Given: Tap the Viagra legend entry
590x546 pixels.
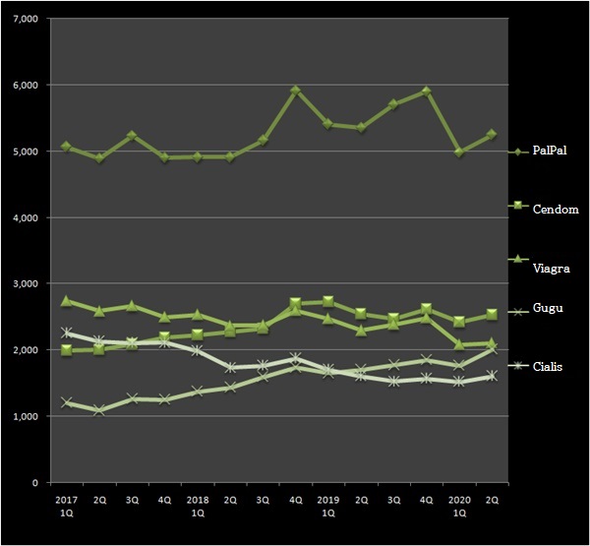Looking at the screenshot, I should (543, 267).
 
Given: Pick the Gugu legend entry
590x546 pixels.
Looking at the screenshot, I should (541, 309).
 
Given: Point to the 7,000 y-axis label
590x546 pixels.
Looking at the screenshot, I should (22, 20).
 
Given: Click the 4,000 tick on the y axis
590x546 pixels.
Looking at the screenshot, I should (22, 218).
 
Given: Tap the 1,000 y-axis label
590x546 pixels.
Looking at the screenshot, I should (22, 417).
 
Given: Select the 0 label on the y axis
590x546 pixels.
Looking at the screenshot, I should (33, 483).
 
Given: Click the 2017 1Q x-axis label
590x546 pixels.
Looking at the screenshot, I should (66, 506).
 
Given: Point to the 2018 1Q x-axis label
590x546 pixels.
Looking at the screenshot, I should (198, 506).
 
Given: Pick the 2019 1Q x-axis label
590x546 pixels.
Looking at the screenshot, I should (328, 506).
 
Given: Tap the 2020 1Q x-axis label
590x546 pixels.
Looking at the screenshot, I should (459, 506).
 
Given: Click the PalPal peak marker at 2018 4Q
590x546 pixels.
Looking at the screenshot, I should (295, 91).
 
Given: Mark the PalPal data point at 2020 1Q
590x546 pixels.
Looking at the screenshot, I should (459, 152).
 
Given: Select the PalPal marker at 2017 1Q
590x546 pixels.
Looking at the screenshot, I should (66, 147).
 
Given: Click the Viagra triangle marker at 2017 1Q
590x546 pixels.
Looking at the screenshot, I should (66, 301).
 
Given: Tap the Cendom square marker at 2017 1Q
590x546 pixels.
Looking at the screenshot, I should (66, 350).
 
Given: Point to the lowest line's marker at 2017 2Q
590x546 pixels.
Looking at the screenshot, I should (98, 410).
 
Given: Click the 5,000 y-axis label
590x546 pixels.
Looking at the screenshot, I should (22, 152).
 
